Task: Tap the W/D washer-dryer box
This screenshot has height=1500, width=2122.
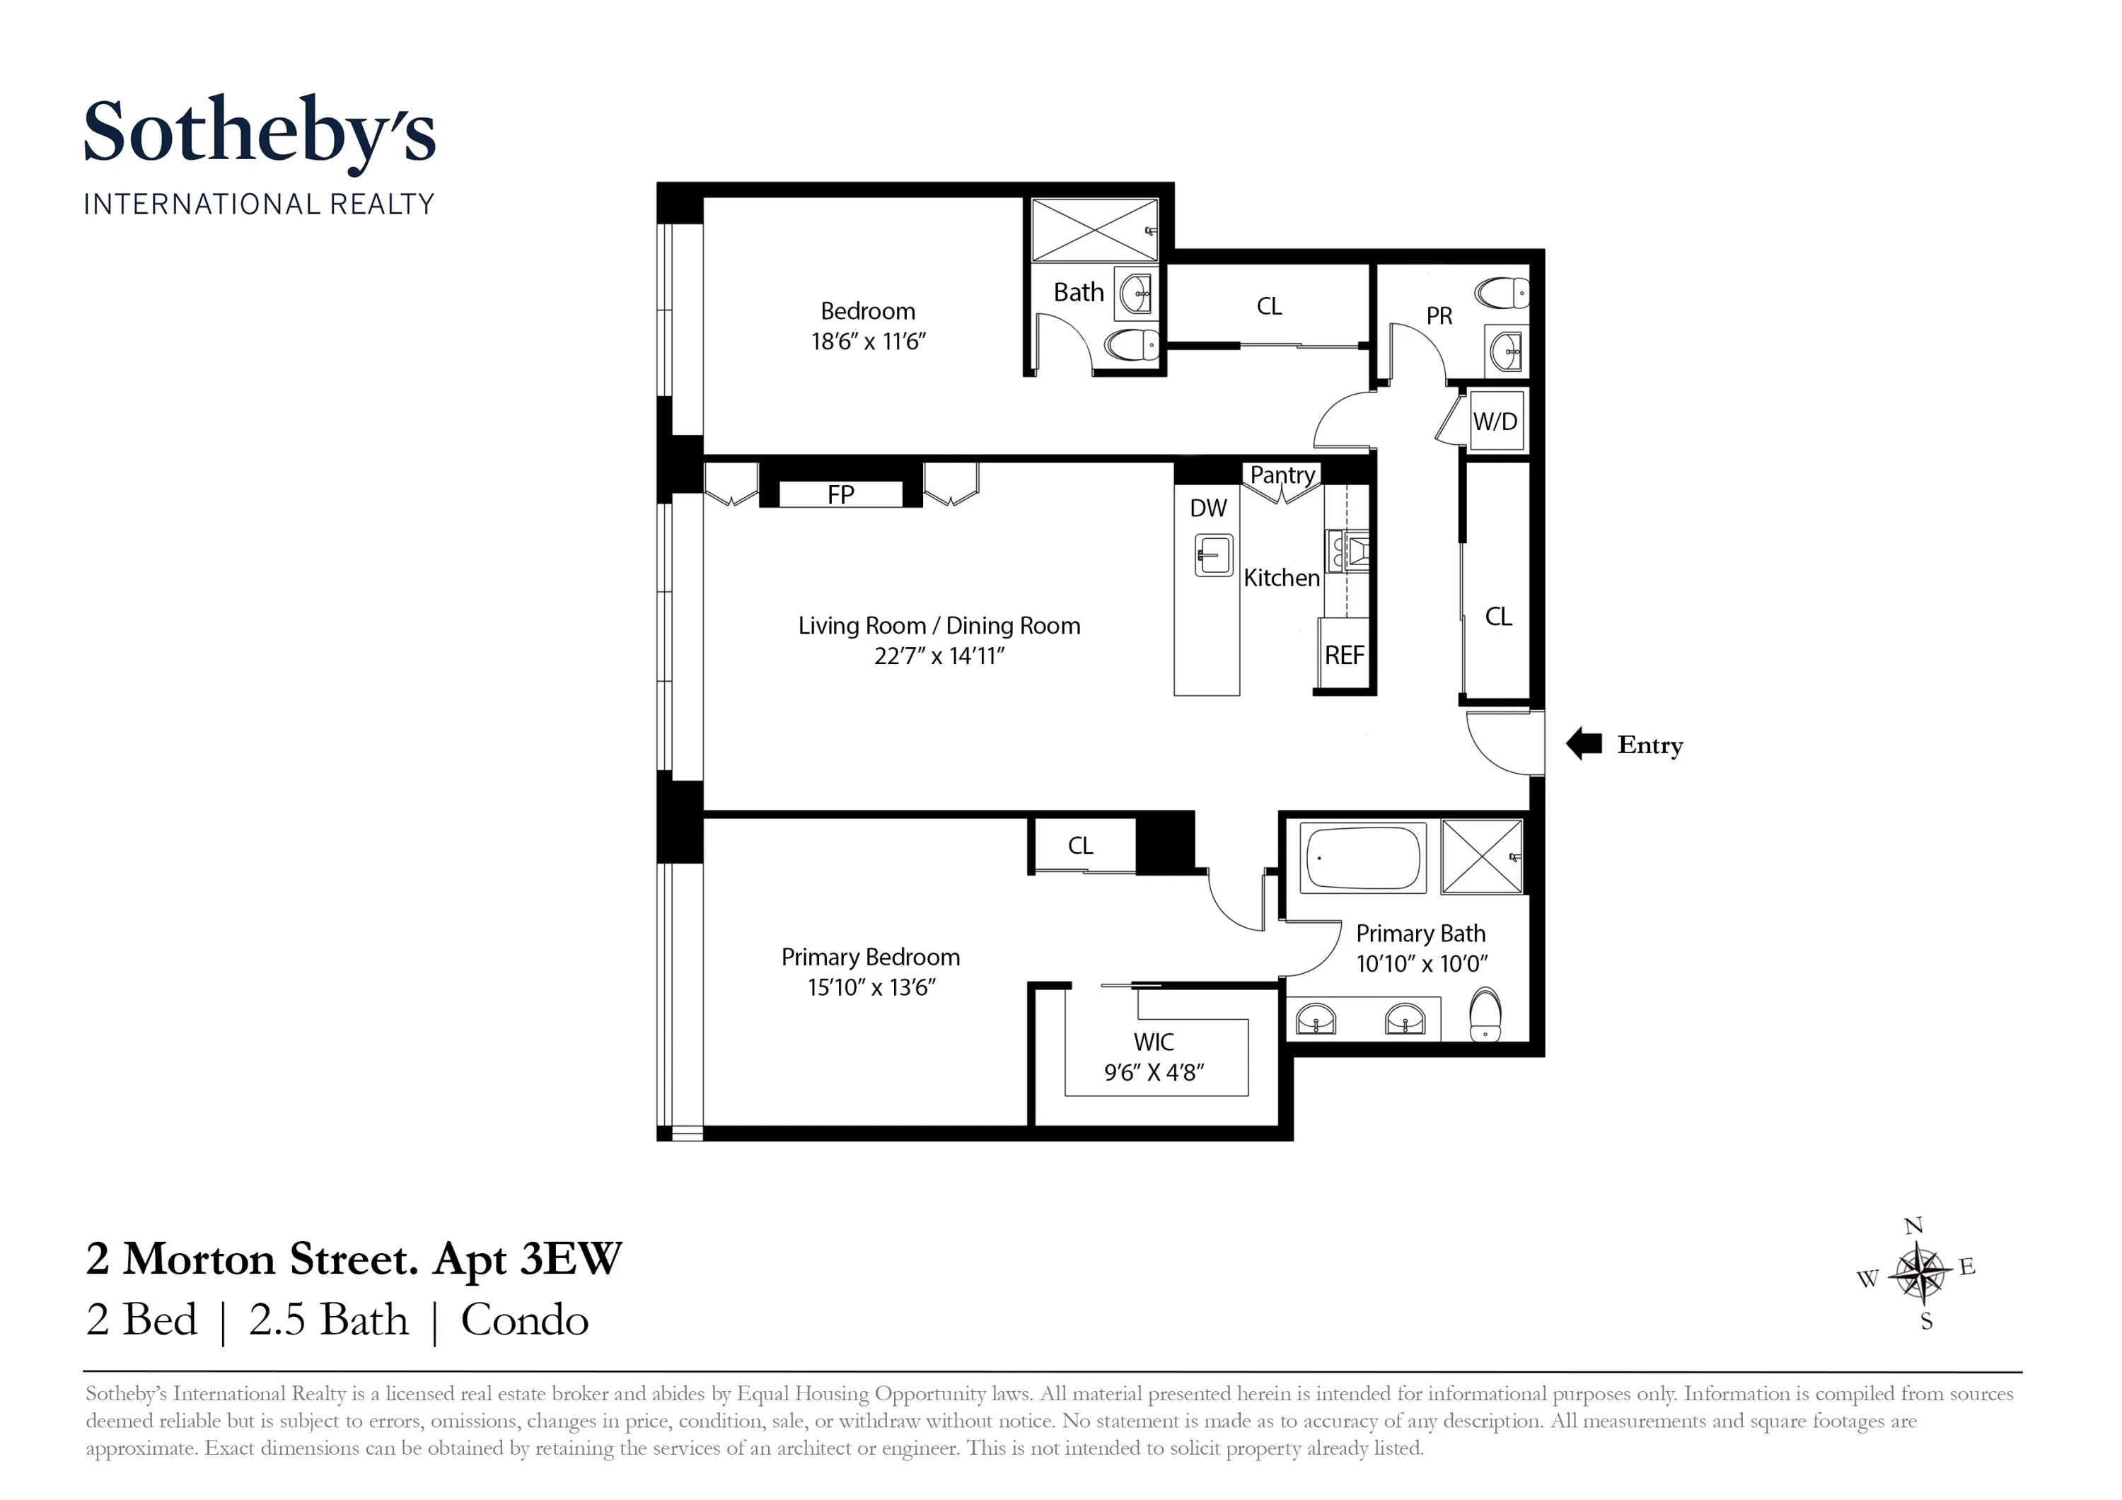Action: click(x=1495, y=421)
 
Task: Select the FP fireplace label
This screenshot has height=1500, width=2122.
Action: click(x=840, y=495)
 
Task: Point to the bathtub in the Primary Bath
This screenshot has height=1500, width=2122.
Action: click(x=1362, y=859)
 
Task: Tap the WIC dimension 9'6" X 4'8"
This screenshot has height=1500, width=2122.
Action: click(x=1154, y=1072)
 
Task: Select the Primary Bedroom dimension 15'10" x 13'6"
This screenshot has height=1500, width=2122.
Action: click(x=871, y=987)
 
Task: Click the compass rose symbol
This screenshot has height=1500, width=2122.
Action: click(x=1919, y=1274)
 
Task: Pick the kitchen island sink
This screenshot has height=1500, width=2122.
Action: click(x=1212, y=555)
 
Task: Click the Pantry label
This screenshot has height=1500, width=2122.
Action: click(x=1282, y=475)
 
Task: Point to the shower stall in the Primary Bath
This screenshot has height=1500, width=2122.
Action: click(x=1482, y=856)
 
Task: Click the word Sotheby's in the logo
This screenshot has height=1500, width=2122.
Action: click(x=260, y=132)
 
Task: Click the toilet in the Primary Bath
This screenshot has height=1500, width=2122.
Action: click(x=1485, y=1015)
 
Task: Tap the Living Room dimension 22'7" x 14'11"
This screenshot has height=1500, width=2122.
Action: click(x=939, y=656)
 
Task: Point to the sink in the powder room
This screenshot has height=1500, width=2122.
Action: click(x=1507, y=350)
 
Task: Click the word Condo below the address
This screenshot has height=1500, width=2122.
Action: click(x=524, y=1320)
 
